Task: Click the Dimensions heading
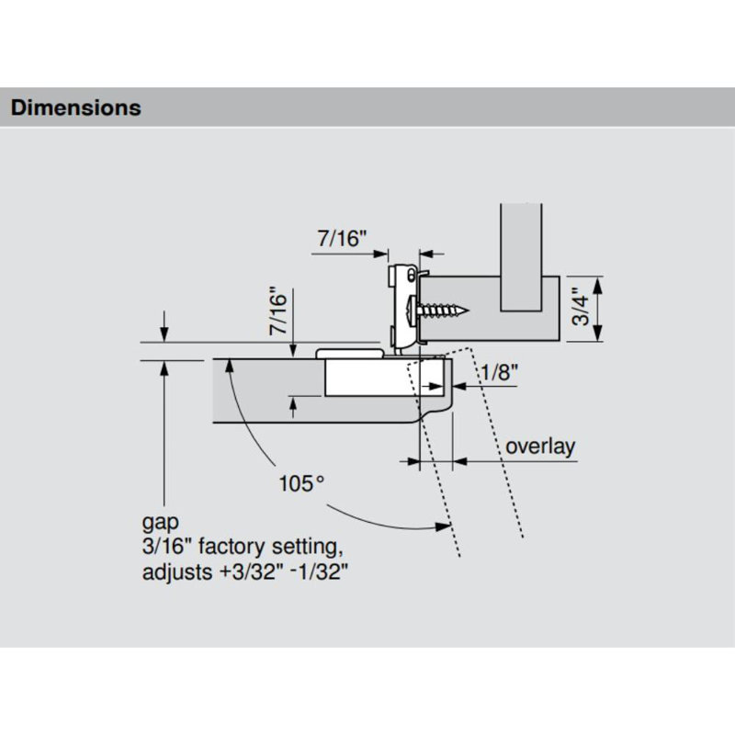click(75, 107)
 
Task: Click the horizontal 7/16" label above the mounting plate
click(342, 238)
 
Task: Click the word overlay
click(541, 447)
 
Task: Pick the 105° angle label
click(302, 481)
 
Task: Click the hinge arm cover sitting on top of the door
click(349, 352)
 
